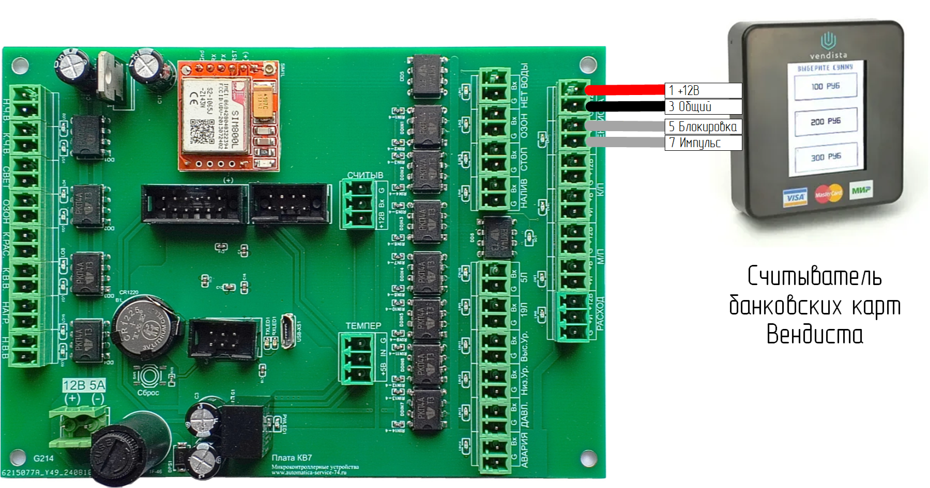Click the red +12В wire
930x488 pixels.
click(x=626, y=90)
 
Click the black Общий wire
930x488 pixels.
click(x=626, y=107)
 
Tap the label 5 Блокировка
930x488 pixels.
click(x=703, y=127)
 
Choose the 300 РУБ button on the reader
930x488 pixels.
click(x=826, y=156)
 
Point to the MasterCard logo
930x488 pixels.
click(x=828, y=194)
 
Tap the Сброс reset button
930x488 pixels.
click(x=149, y=375)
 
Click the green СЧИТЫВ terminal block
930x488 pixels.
click(x=358, y=204)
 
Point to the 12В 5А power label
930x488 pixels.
click(x=84, y=385)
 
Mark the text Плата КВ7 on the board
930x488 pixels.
click(x=292, y=458)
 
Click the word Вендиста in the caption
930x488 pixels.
click(x=814, y=335)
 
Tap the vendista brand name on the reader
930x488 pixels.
click(x=828, y=55)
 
